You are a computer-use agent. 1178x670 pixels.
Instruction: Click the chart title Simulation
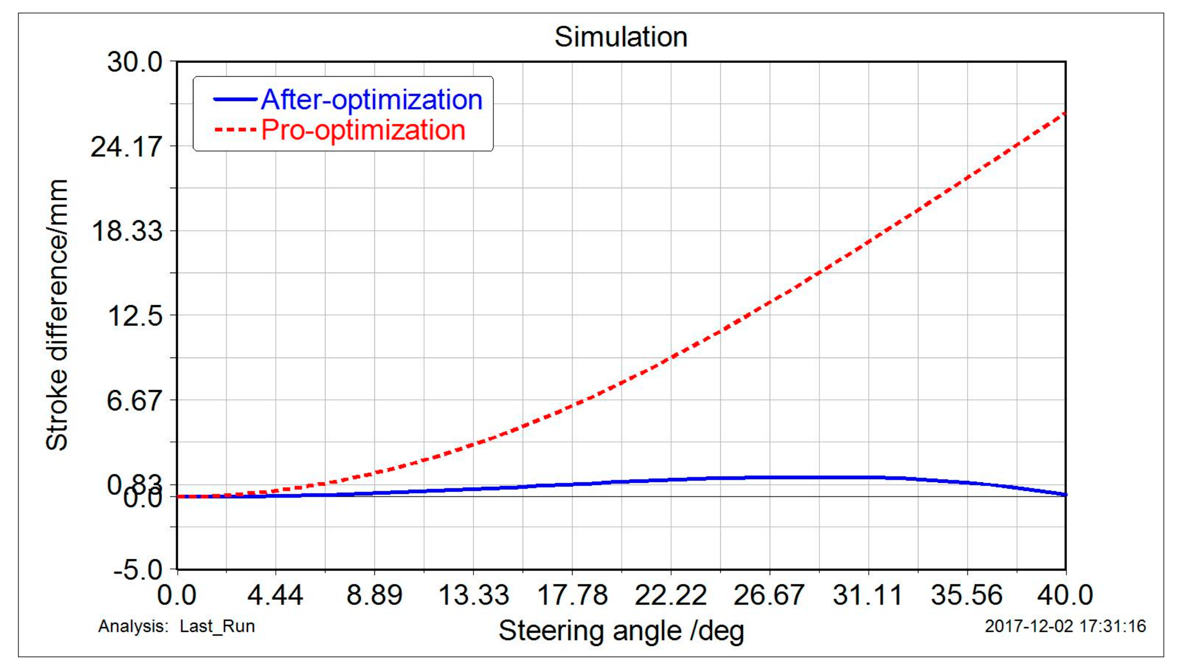(x=621, y=37)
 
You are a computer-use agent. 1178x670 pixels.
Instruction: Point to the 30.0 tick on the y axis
(x=135, y=62)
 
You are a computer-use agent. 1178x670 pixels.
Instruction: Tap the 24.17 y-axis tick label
(x=126, y=147)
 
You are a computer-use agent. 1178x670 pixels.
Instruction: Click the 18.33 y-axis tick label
(x=126, y=231)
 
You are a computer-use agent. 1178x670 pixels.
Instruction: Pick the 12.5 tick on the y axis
(x=135, y=316)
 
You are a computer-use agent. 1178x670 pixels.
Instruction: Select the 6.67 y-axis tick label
(x=135, y=401)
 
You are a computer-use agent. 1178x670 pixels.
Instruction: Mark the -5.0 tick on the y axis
(x=138, y=570)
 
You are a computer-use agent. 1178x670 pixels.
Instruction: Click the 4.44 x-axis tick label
(x=275, y=596)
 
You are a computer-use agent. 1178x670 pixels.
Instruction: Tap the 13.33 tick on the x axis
(x=473, y=596)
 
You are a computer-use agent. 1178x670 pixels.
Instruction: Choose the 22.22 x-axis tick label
(x=671, y=596)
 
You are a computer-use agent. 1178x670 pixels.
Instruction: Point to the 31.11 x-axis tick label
(x=868, y=596)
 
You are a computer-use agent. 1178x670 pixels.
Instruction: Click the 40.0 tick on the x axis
(x=1065, y=596)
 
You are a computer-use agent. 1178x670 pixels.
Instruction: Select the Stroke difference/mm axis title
(x=57, y=315)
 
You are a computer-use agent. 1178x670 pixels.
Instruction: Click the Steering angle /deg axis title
(x=621, y=631)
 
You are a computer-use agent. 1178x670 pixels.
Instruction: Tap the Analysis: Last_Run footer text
(x=176, y=626)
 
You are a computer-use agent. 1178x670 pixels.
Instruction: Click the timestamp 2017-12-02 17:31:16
(x=1065, y=626)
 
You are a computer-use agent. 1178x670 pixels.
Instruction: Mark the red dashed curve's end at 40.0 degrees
(x=1065, y=113)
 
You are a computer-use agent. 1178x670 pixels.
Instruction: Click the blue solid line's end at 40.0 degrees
(x=1065, y=494)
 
